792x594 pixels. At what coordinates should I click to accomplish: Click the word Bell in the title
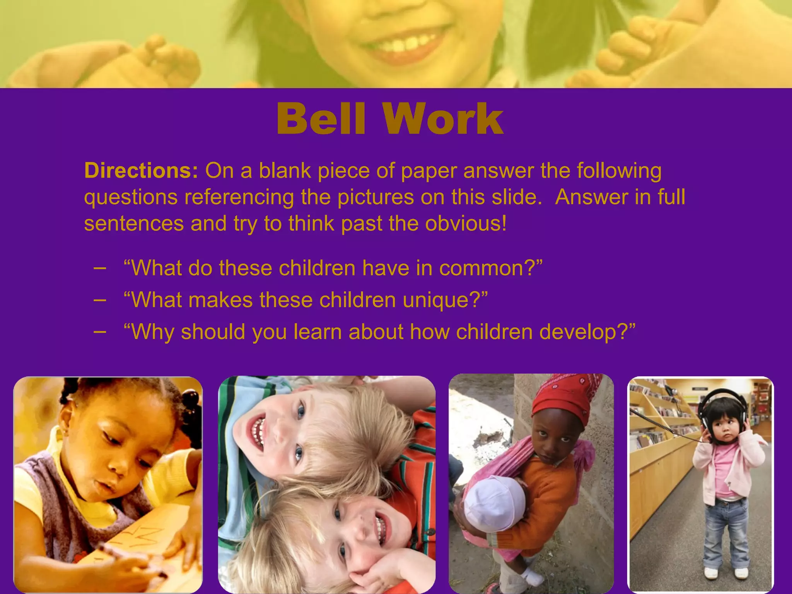[321, 119]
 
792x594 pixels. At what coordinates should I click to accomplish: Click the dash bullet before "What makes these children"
[100, 300]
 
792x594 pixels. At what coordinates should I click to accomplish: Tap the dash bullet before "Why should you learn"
[100, 332]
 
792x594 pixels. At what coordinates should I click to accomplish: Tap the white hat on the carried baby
[493, 503]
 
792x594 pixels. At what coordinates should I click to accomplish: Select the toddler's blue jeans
[725, 530]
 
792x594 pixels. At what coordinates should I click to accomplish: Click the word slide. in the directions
[516, 197]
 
